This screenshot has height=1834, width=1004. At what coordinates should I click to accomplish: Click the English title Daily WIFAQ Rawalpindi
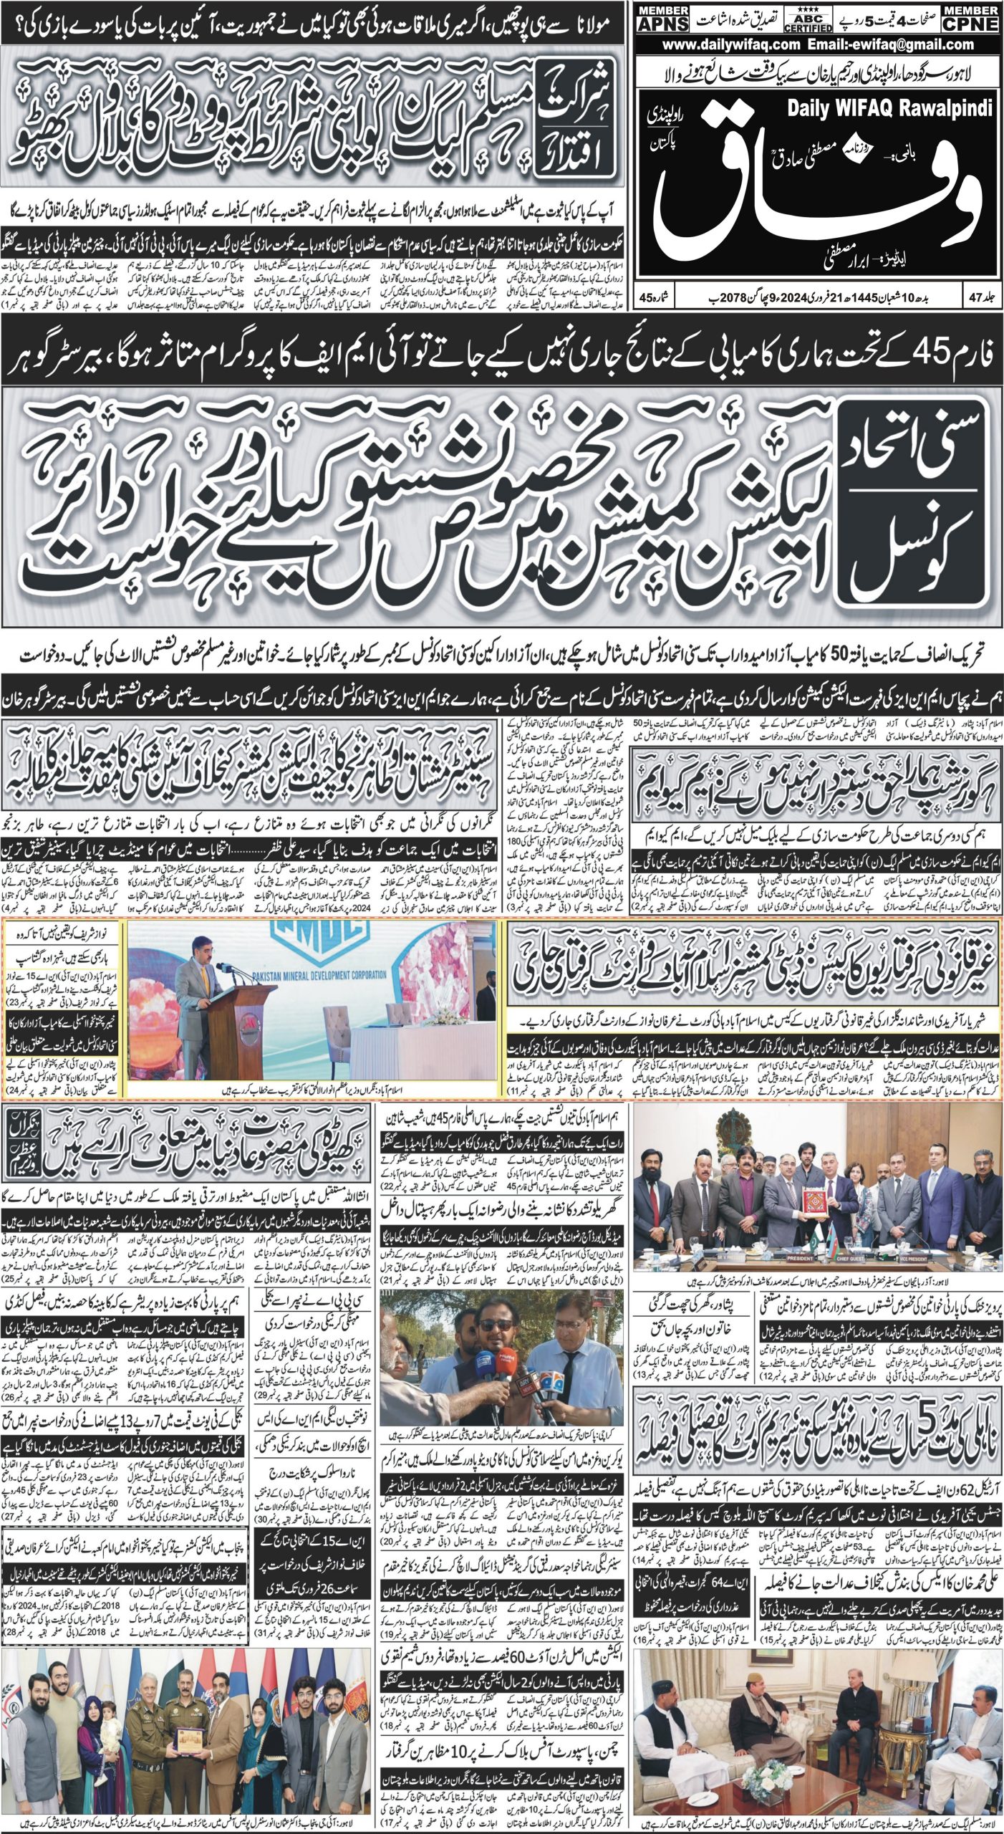tap(889, 108)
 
